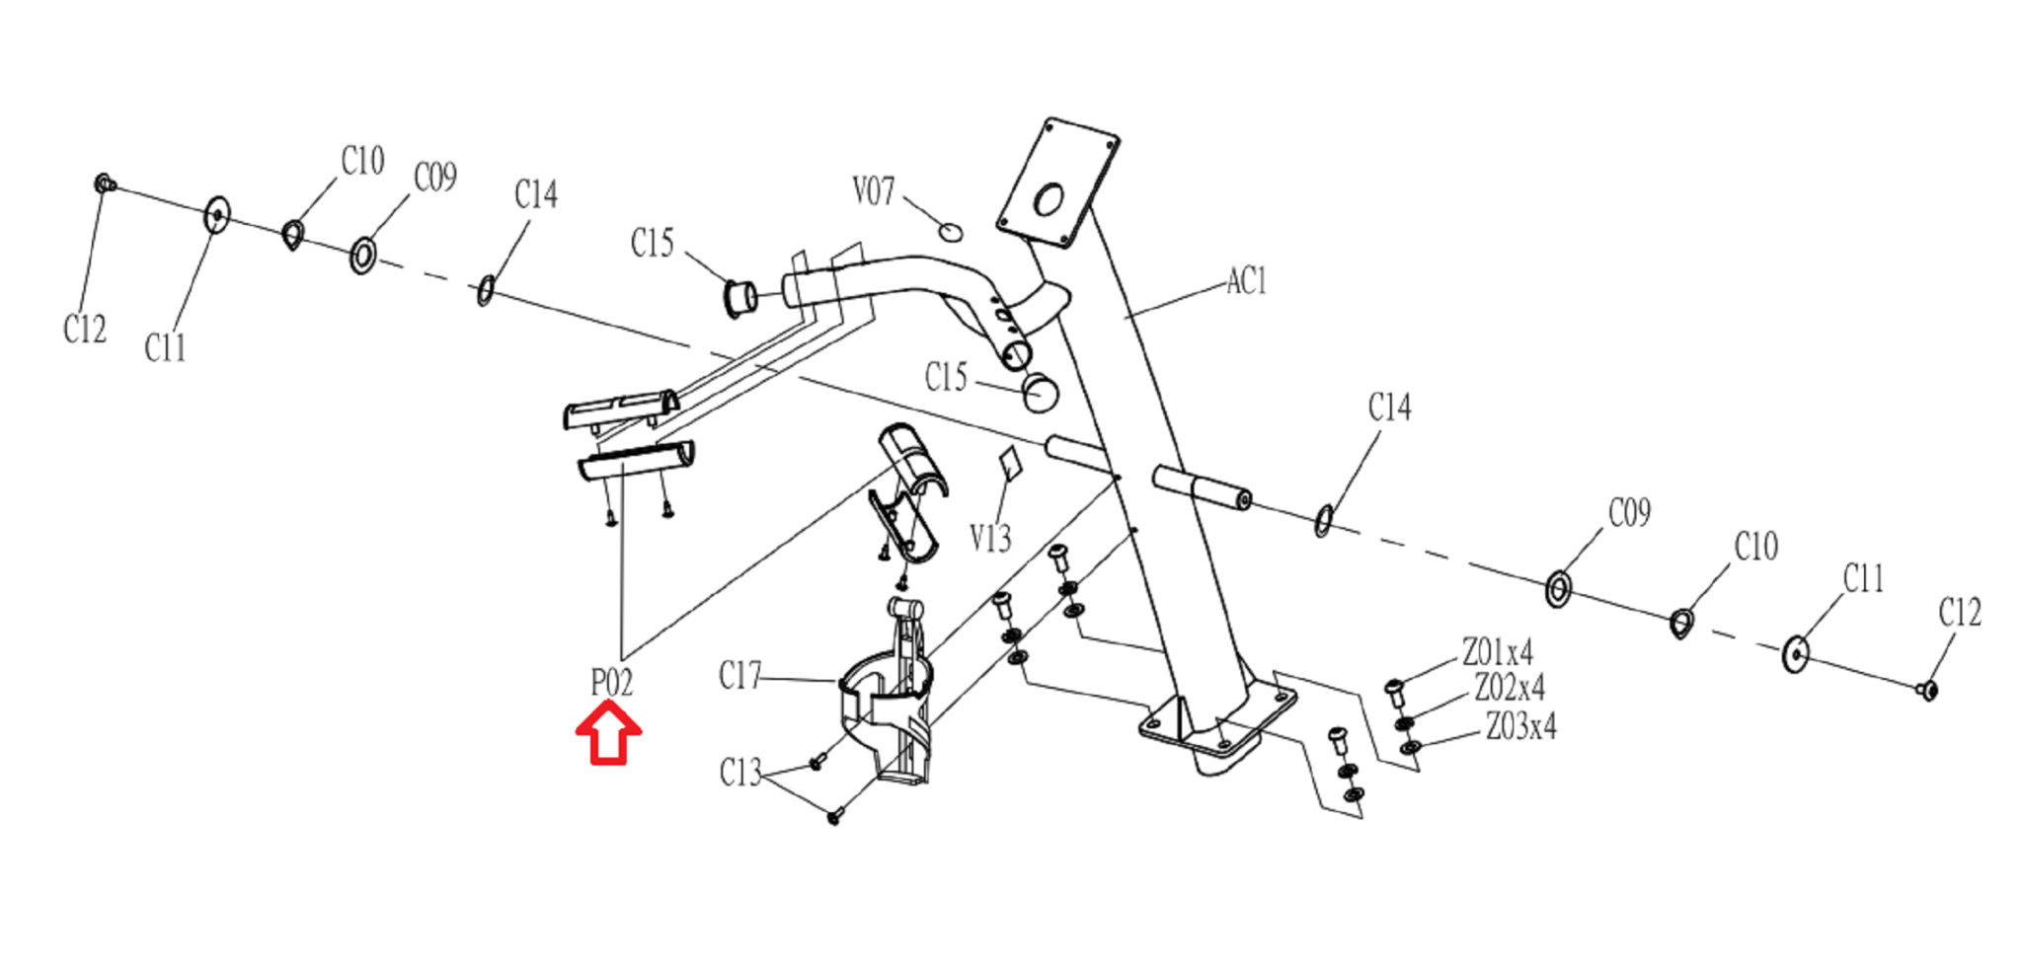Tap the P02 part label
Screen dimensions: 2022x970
[x=611, y=682]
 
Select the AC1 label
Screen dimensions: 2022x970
[x=1246, y=281]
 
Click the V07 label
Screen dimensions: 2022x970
[x=874, y=190]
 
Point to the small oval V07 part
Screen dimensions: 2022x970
[x=950, y=232]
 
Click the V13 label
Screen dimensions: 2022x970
[x=990, y=538]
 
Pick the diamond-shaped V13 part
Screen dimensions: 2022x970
[x=1008, y=463]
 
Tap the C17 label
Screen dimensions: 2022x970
[x=740, y=676]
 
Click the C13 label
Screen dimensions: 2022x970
[x=740, y=773]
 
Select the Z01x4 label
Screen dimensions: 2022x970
[x=1498, y=652]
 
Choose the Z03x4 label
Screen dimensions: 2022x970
[x=1521, y=726]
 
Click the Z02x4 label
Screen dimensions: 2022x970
[x=1510, y=687]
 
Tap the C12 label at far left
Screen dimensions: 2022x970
[x=85, y=329]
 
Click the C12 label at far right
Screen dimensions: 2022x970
[x=1960, y=613]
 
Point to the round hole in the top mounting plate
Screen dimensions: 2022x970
[x=1049, y=200]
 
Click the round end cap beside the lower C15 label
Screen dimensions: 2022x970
[x=1040, y=393]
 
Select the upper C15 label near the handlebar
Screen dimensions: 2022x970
[x=653, y=243]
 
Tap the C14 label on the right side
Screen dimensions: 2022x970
[x=1390, y=407]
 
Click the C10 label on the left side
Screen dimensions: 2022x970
[x=362, y=160]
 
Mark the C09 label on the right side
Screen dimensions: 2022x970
[x=1629, y=512]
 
